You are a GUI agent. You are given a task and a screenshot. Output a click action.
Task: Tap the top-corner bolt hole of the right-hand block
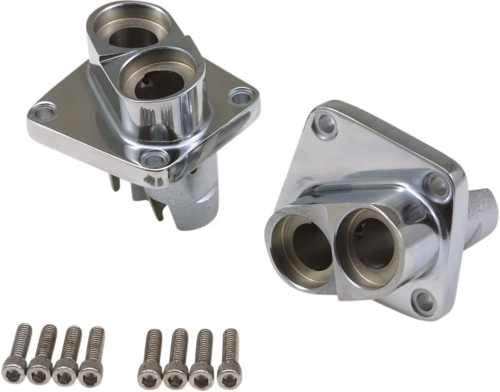pyautogui.click(x=326, y=122)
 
